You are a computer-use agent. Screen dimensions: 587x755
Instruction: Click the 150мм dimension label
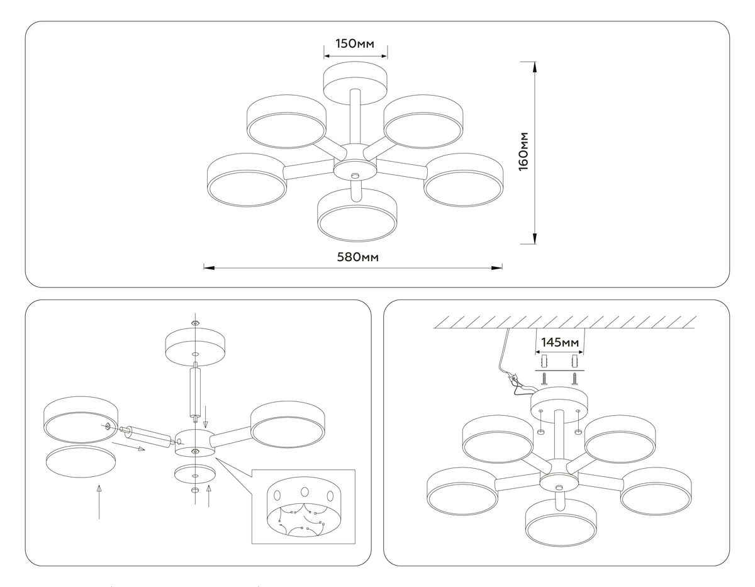point(355,43)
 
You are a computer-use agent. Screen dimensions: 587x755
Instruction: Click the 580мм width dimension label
point(352,258)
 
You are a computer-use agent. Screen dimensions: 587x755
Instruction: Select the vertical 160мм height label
point(523,151)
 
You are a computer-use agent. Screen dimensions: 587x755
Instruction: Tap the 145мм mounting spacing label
point(559,342)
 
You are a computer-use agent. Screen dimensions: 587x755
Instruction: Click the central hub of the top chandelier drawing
point(355,169)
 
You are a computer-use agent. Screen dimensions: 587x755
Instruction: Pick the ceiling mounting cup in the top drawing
point(355,80)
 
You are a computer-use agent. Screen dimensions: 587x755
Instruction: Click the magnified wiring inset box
point(303,506)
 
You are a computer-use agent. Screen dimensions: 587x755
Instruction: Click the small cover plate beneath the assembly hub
point(194,474)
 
